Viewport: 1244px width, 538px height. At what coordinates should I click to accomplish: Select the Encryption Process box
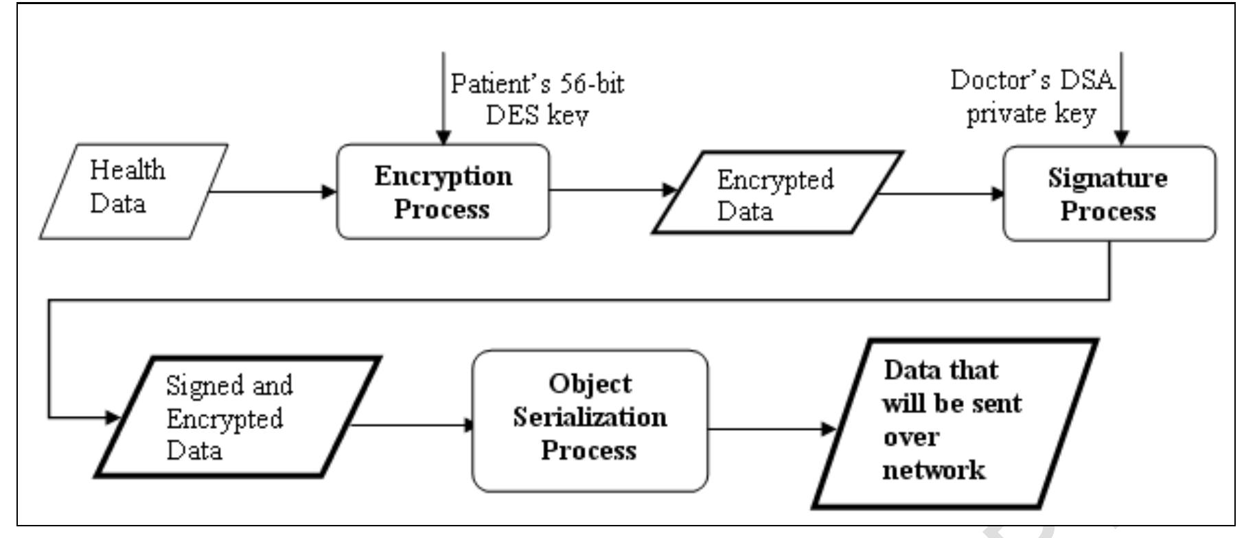(443, 192)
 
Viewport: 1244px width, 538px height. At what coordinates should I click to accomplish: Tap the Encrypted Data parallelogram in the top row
(776, 194)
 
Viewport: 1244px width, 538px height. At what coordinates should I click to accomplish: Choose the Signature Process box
(1109, 194)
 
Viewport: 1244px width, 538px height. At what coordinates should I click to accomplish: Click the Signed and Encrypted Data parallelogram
(237, 417)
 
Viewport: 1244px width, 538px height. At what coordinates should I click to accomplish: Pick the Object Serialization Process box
(590, 421)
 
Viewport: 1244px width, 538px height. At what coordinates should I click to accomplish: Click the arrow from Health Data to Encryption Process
(271, 191)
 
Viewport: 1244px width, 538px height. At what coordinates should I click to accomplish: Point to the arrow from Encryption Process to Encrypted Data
(611, 190)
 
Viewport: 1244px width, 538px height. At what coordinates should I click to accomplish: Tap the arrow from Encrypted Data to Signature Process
(941, 194)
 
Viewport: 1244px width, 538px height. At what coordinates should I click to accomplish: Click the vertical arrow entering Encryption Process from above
(444, 96)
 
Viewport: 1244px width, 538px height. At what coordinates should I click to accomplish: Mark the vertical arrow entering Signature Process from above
(1121, 96)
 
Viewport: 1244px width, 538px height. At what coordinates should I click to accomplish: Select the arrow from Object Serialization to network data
(769, 430)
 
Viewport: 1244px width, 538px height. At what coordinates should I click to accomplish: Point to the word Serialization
(590, 417)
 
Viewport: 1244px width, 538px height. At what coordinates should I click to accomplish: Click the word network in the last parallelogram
(934, 471)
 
